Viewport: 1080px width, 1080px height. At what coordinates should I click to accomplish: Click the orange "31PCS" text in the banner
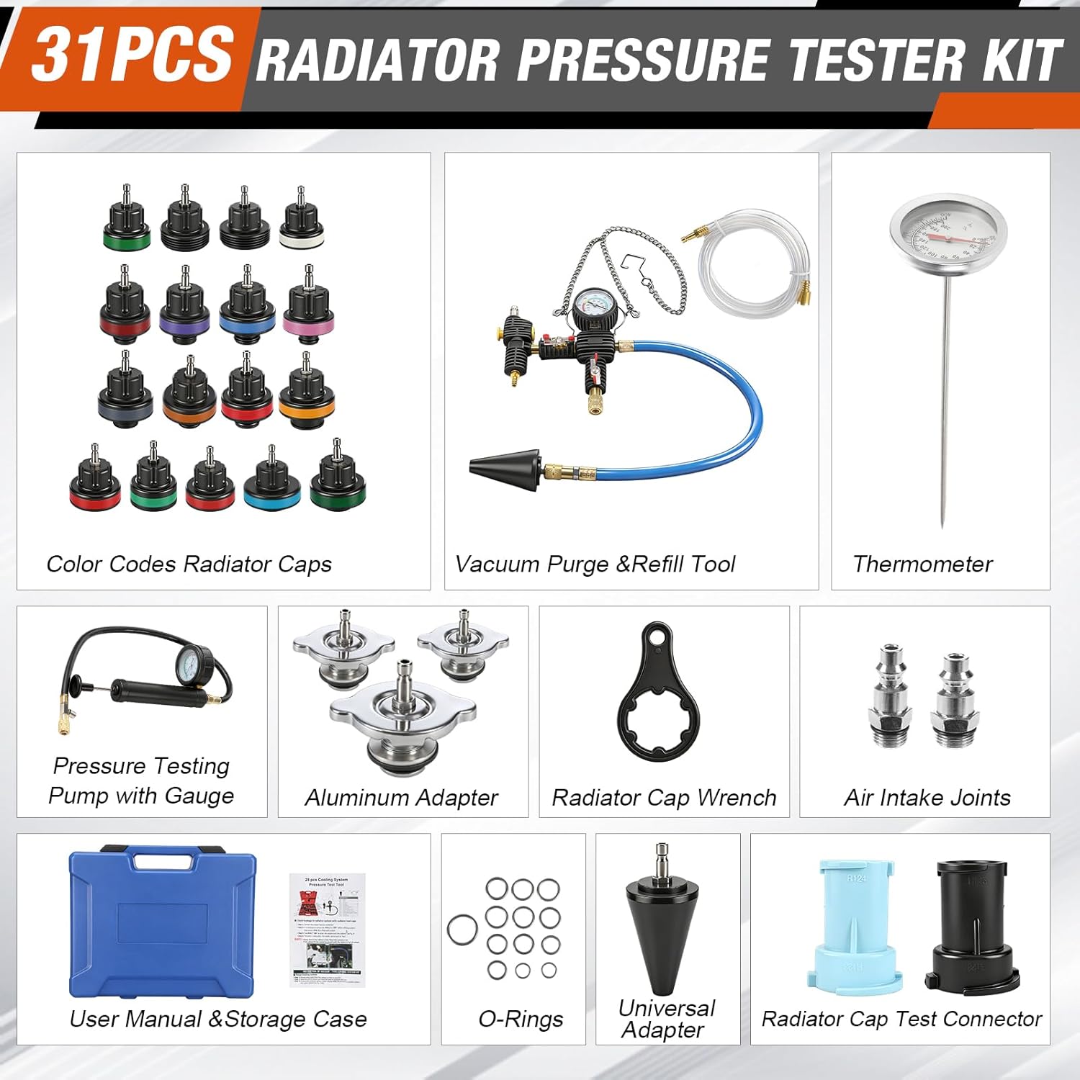tap(132, 55)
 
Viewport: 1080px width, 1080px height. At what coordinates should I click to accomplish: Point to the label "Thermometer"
tap(922, 564)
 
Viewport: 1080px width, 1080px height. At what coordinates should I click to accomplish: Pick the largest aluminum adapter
tap(402, 720)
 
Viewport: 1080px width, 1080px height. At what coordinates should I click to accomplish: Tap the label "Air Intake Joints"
tap(927, 798)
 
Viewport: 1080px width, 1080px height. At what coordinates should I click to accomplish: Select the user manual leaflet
tap(328, 929)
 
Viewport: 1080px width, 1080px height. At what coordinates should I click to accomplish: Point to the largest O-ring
tap(462, 930)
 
